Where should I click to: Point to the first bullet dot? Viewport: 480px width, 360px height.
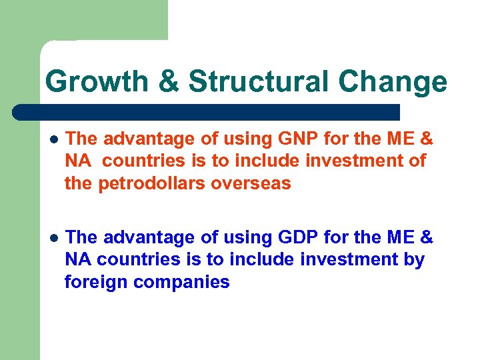click(x=54, y=139)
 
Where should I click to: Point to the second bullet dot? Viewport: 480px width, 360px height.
click(x=54, y=238)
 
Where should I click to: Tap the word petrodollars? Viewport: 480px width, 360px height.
click(x=153, y=183)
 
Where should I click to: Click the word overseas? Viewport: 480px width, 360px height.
click(x=252, y=183)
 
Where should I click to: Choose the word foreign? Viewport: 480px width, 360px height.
click(x=95, y=282)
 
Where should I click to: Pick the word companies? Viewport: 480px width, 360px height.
click(x=181, y=282)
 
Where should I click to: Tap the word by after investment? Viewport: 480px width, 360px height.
click(x=414, y=259)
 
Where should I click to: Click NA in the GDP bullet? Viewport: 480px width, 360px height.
click(x=77, y=259)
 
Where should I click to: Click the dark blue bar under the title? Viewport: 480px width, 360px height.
click(x=207, y=111)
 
